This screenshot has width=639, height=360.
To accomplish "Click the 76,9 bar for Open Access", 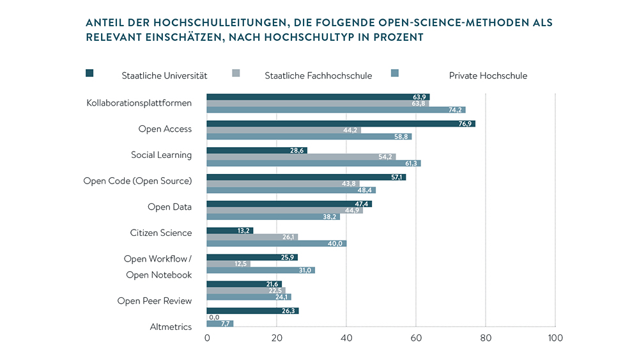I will tap(341, 123).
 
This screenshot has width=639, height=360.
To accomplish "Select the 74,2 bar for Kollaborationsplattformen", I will tap(336, 110).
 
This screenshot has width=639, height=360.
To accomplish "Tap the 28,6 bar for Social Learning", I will tap(257, 150).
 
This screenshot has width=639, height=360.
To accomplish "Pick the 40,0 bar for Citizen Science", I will tap(277, 244).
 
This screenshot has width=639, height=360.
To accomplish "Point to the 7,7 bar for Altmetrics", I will tap(220, 324).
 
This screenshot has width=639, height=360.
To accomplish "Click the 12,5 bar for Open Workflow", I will tap(229, 263).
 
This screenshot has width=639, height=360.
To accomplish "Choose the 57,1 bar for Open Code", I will tap(307, 177).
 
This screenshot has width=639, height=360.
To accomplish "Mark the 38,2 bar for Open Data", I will tap(273, 217).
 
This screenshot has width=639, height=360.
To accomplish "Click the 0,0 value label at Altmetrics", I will tap(215, 317).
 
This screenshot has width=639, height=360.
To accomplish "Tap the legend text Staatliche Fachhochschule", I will tap(318, 75).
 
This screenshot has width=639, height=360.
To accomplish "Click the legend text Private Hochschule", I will tap(488, 75).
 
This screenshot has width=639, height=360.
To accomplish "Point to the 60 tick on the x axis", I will tap(416, 338).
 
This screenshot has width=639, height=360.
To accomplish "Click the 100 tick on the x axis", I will tap(555, 338).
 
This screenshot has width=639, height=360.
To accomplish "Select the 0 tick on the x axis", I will tap(208, 338).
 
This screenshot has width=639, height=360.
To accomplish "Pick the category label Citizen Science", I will tap(160, 233).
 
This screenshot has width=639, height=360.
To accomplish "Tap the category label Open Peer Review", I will tap(154, 301).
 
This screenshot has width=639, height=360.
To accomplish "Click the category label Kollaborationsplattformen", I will tap(139, 103).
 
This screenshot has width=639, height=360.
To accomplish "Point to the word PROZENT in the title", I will tap(399, 37).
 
